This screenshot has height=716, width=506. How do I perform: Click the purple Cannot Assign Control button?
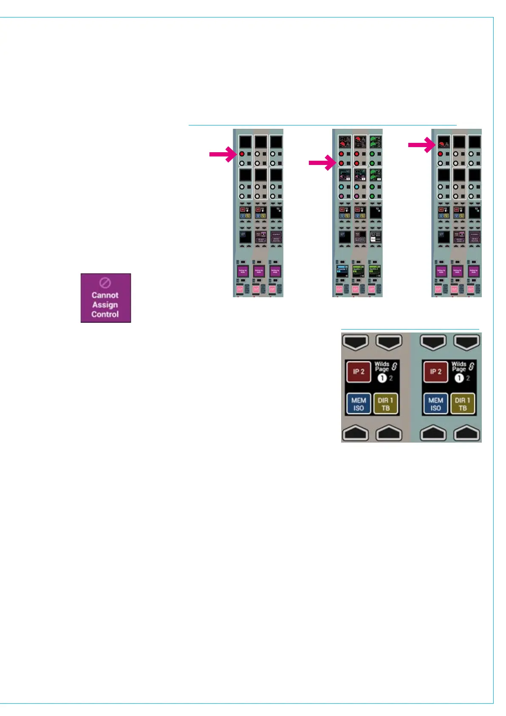(x=106, y=298)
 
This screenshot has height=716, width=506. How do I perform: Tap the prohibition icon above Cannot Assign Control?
(x=105, y=283)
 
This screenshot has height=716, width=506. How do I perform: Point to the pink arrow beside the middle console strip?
(x=322, y=163)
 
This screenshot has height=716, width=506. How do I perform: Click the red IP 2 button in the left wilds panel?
(x=359, y=372)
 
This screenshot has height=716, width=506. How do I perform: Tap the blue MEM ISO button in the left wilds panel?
(x=359, y=404)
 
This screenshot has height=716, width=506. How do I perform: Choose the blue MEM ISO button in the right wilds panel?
(x=435, y=404)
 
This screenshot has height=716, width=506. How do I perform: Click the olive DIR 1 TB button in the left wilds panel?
(x=385, y=404)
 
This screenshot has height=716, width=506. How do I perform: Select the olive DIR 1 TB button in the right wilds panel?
(x=462, y=404)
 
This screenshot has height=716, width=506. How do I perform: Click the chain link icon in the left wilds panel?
(x=394, y=366)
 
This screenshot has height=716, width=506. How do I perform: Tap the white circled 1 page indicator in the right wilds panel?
(x=459, y=378)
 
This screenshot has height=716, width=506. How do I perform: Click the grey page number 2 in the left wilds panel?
(x=391, y=378)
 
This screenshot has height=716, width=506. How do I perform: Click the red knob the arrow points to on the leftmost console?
(x=242, y=154)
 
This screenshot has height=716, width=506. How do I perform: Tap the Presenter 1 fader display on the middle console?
(x=342, y=271)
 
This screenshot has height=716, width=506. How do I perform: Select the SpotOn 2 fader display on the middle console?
(x=374, y=271)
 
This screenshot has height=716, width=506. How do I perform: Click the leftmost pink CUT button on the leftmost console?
(x=240, y=289)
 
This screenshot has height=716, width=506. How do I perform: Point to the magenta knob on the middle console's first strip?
(x=341, y=196)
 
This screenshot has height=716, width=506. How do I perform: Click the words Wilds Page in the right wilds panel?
(x=459, y=366)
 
